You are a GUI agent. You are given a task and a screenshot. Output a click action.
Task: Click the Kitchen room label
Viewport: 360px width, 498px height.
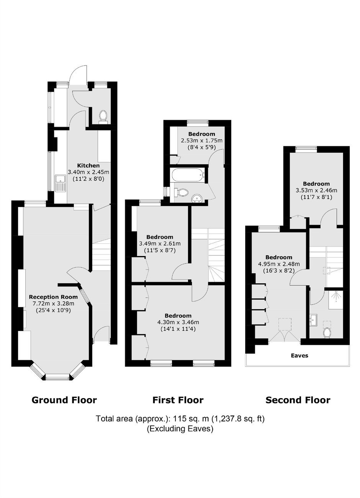(88, 166)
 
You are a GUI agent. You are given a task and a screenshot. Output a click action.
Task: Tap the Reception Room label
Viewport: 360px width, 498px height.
(53, 297)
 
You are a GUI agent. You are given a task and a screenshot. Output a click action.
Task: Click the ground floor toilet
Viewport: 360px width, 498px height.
(103, 116)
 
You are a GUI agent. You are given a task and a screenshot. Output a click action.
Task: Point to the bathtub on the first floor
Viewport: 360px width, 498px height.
(188, 175)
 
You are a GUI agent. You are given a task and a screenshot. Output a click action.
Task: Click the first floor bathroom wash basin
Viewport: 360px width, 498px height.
(197, 198)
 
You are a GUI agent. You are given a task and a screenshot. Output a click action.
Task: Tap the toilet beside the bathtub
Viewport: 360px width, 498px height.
(181, 192)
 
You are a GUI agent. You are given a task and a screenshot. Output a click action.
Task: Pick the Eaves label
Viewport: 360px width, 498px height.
(299, 356)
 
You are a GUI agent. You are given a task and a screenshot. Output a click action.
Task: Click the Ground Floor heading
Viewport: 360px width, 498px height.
(64, 400)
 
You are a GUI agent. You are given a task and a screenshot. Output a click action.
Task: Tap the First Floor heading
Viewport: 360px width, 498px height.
(178, 400)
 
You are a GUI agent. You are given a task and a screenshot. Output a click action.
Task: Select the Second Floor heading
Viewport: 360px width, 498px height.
(298, 400)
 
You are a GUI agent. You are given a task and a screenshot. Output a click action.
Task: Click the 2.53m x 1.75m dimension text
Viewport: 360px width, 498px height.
(201, 140)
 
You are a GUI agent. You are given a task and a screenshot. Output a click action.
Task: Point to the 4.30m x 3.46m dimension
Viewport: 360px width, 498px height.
(178, 322)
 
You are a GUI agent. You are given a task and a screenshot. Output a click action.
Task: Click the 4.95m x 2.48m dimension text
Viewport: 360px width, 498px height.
(279, 264)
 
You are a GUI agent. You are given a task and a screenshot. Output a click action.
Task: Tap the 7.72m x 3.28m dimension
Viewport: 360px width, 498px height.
(53, 304)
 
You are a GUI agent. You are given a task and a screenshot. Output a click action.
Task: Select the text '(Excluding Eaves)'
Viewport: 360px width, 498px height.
(180, 428)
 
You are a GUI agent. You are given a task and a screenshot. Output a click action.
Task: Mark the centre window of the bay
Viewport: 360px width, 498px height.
(57, 376)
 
